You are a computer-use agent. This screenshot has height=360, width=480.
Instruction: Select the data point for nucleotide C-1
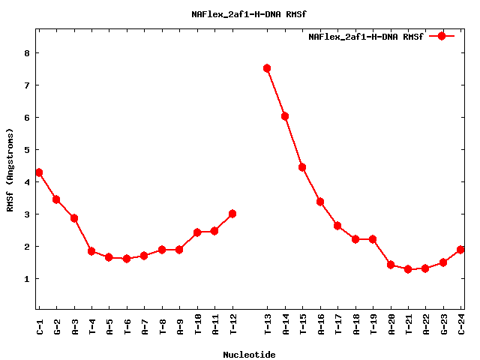[x=39, y=172]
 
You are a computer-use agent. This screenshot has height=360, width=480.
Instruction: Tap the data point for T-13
[x=267, y=68]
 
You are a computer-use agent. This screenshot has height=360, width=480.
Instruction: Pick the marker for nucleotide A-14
[x=285, y=116]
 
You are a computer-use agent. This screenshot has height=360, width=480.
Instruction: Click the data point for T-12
[x=232, y=214]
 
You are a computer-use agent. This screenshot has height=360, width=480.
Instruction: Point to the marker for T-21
[x=408, y=269]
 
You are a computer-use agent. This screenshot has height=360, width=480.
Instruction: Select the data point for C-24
[x=461, y=250]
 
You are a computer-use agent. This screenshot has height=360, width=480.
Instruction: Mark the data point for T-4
[x=91, y=251]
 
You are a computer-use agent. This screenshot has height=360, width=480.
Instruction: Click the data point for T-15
[x=302, y=167]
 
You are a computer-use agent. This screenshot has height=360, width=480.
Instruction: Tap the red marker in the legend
[x=442, y=36]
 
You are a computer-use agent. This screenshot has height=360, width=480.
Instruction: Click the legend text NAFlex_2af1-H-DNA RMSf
[x=366, y=37]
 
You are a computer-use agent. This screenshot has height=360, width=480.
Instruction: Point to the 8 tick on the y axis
[x=26, y=53]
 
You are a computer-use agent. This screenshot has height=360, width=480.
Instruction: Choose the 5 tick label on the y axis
[x=26, y=150]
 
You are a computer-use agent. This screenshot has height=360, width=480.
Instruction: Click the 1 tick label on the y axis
[x=26, y=279]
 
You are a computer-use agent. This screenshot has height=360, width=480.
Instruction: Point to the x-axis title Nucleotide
[x=249, y=355]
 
